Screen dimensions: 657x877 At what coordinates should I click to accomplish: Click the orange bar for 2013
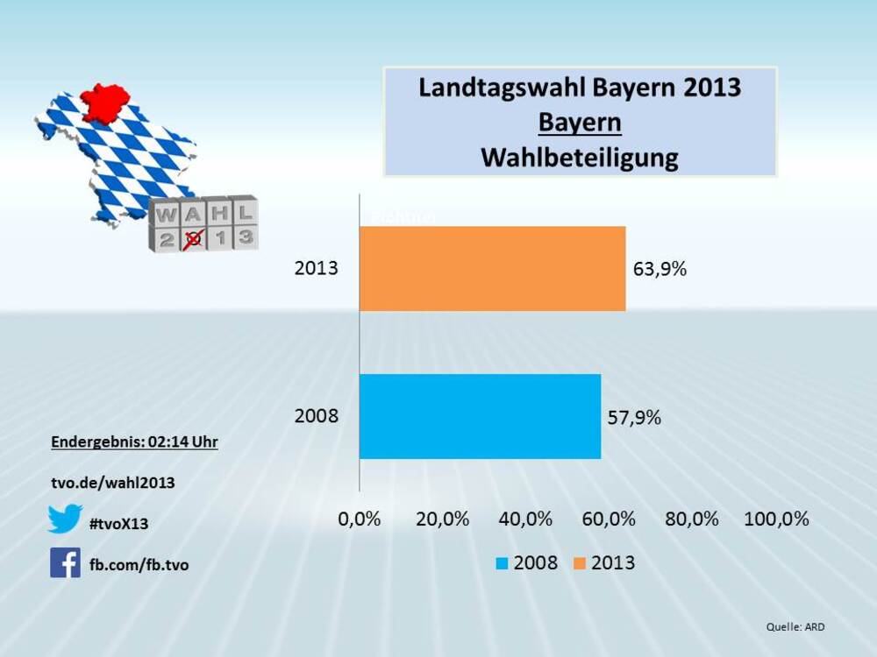coord(492,268)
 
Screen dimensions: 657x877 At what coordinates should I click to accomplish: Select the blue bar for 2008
coord(480,416)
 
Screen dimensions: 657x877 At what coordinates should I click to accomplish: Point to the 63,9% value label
coord(660,269)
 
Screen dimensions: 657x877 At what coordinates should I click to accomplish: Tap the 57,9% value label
coord(635,418)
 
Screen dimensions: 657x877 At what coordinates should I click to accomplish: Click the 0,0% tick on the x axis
coord(360,519)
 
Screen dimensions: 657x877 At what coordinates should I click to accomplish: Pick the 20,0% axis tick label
coord(442,519)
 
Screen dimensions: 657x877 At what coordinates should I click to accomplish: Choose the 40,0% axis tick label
coord(525,519)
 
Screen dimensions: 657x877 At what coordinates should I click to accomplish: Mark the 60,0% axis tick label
coord(609,519)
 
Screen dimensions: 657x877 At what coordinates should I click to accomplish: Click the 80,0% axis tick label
coord(692,519)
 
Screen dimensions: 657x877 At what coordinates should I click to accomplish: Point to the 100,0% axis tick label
coord(776,519)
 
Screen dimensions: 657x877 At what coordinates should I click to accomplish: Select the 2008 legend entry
coord(526,562)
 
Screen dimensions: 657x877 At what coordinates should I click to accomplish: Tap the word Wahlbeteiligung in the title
coord(580,158)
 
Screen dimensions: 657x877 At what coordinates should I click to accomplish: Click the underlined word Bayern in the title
coord(580,123)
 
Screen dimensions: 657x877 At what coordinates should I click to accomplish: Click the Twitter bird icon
coord(65,519)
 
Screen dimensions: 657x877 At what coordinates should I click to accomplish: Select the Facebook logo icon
coord(65,562)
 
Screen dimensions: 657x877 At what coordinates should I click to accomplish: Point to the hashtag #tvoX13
coord(119,524)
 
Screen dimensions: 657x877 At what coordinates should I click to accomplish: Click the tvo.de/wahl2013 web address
coord(113,483)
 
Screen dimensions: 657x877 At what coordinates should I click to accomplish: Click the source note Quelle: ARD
coord(795,626)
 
